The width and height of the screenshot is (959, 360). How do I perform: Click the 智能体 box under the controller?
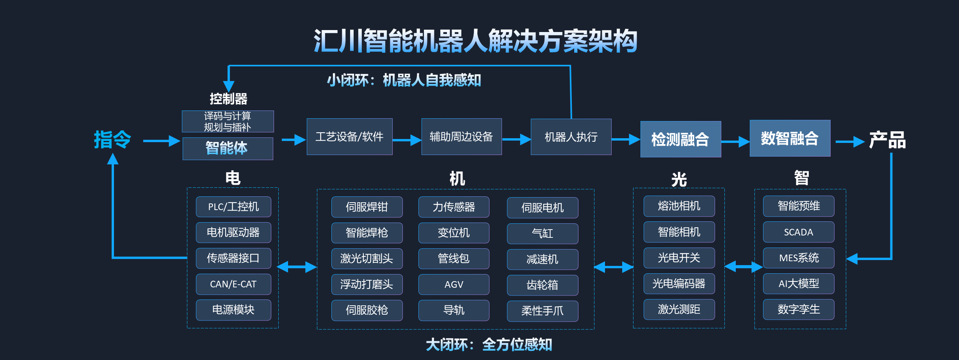coord(228,148)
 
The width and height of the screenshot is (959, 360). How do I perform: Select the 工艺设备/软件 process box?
coord(349,137)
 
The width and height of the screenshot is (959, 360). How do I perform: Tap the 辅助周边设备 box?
coord(461,137)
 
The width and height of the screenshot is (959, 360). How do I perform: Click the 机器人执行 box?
coord(571,137)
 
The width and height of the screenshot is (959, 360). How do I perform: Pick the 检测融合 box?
coord(680,139)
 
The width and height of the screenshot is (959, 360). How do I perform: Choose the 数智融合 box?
coord(790,138)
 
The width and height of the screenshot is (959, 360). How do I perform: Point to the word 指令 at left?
coord(112,139)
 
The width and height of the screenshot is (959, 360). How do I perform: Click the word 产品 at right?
coord(887,140)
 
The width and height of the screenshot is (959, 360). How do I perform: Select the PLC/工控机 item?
coord(233,207)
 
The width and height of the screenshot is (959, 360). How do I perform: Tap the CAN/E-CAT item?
coord(233,284)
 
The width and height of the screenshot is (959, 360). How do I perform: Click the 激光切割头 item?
coord(367,258)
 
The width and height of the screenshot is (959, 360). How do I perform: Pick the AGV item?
coord(454,284)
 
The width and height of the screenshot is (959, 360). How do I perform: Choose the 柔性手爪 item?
coord(542,311)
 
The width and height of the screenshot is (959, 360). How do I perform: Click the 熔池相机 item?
coord(679,206)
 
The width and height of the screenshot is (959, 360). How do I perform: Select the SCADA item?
coord(798,232)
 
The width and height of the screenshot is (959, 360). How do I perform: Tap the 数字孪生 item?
coord(798,309)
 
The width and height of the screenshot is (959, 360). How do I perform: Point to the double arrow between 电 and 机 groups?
coord(297,267)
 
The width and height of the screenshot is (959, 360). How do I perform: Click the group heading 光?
coord(679,180)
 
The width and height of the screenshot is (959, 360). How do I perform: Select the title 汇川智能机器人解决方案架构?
coord(475,41)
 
